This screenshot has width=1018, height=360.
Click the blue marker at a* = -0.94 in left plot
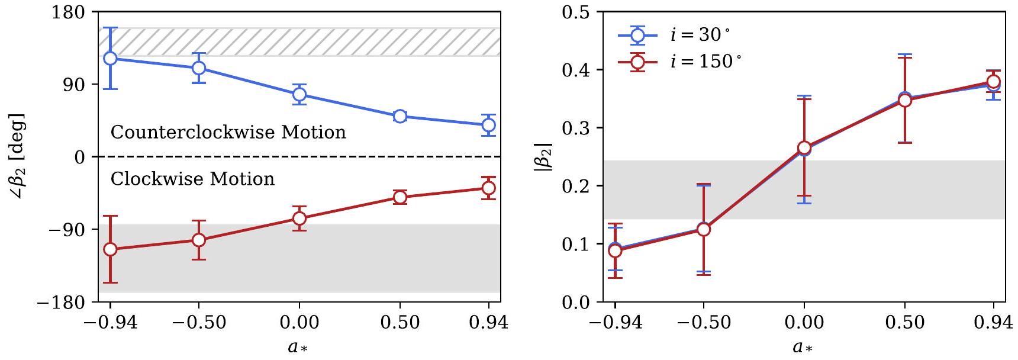pos(110,58)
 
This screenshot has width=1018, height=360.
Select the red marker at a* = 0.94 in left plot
pos(488,188)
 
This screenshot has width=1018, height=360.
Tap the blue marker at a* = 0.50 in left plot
pos(400,116)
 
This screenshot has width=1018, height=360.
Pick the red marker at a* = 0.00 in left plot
pos(299,218)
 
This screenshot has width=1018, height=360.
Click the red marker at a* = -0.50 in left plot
pos(199,240)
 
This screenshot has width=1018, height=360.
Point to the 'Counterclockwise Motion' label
pos(228,132)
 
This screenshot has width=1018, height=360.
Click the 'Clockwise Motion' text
pos(192,179)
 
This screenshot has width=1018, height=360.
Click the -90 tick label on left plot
pos(63,229)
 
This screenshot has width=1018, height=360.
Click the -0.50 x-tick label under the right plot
pos(703,323)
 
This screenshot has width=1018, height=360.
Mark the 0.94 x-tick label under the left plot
pos(488,323)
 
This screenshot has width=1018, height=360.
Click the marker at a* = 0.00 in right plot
pos(804,147)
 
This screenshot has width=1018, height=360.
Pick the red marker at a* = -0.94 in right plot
pos(616,251)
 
